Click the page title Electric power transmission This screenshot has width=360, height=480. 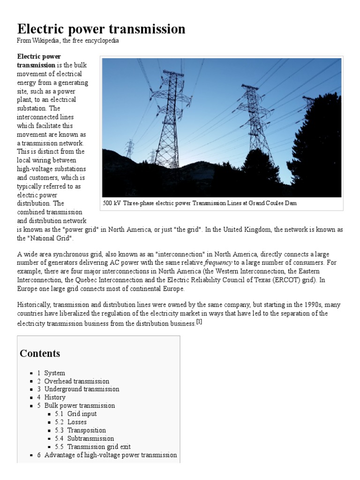[x=101, y=29]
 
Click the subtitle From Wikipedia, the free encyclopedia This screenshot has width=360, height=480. [x=68, y=41]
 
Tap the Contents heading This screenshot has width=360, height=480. [x=40, y=353]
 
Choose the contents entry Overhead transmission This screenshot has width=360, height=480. [x=76, y=381]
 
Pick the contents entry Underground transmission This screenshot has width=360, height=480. [x=82, y=389]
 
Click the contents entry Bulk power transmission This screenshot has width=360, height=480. [x=79, y=405]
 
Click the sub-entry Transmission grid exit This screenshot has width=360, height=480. [x=99, y=447]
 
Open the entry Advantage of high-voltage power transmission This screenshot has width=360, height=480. [x=111, y=455]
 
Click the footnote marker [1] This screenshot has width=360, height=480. [x=199, y=322]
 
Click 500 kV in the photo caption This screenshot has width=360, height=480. [x=111, y=203]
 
